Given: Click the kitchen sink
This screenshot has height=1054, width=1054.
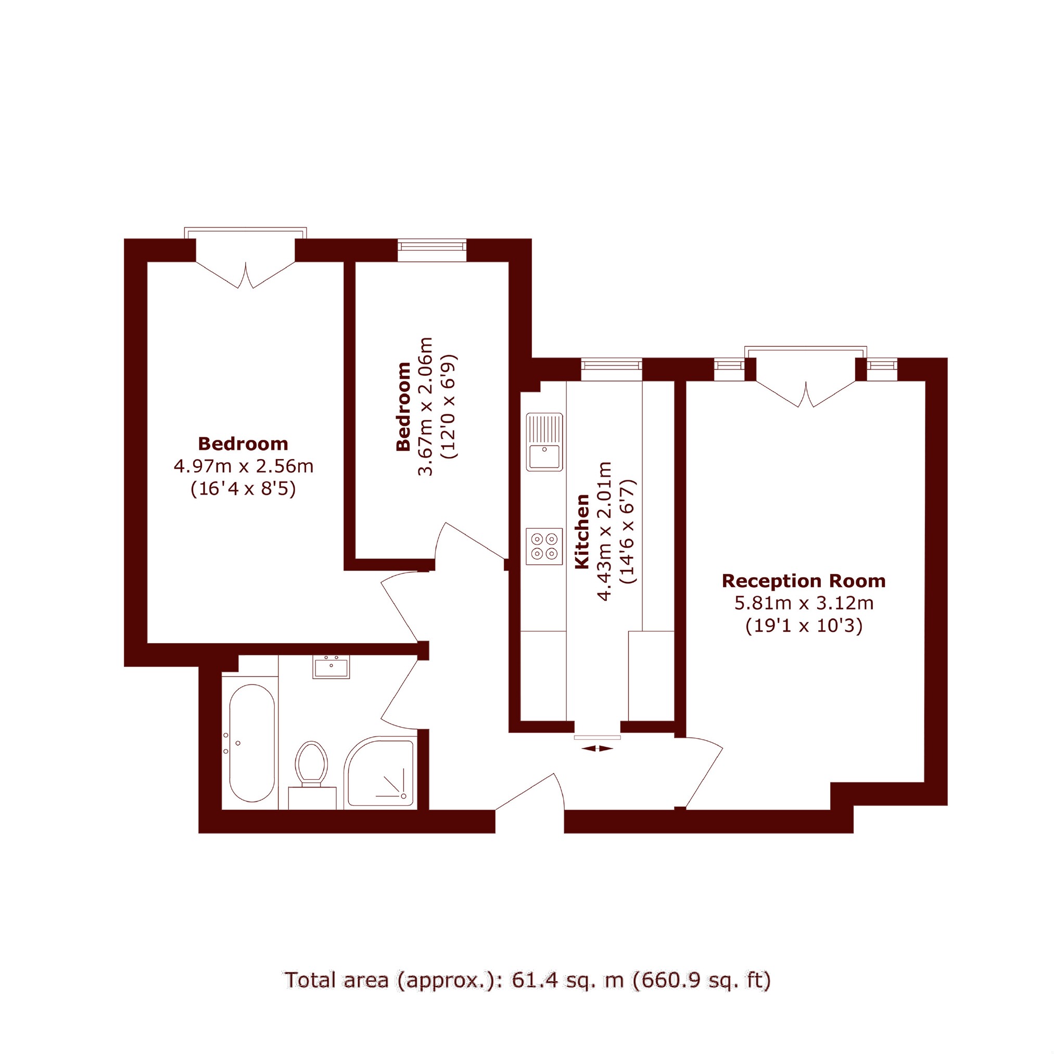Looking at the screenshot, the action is [544, 442].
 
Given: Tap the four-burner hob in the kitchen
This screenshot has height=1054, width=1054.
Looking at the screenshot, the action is [544, 546].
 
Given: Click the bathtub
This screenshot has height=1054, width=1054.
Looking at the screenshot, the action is [251, 743].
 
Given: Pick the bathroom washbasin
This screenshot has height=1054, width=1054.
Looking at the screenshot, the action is [331, 667].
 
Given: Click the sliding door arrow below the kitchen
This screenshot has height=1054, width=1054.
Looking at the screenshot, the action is [597, 749].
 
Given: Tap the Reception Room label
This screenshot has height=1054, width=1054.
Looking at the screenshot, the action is [804, 581].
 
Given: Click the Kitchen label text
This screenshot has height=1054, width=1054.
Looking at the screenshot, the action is [582, 531].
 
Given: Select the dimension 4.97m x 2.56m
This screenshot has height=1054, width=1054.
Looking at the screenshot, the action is [243, 466].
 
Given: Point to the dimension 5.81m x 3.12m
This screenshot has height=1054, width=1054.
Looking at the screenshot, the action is [804, 603].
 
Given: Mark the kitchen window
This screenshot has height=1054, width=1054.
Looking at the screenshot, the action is [612, 370].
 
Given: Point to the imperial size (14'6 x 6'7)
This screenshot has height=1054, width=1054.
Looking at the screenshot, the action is [628, 532].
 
